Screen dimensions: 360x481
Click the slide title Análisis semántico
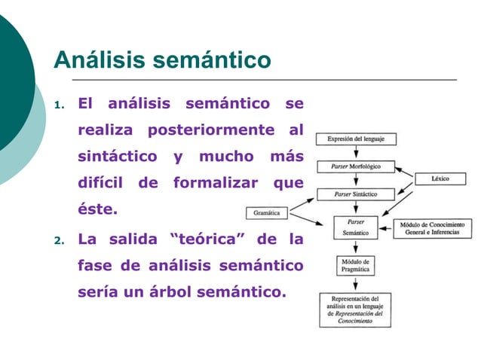click(161, 59)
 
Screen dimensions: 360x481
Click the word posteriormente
click(210, 130)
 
